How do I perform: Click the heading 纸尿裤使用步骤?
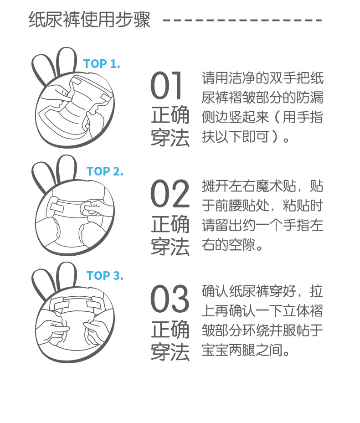(x=89, y=21)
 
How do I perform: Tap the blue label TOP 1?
(x=102, y=64)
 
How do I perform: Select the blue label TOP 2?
(x=105, y=171)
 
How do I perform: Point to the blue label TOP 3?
(x=105, y=276)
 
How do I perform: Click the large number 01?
(x=167, y=86)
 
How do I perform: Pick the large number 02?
(x=170, y=194)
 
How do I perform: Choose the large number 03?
(x=170, y=299)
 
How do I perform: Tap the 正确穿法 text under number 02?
(x=170, y=236)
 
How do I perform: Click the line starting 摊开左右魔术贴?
(x=262, y=186)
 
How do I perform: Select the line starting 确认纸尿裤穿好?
(x=262, y=290)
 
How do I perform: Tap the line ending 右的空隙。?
(x=232, y=246)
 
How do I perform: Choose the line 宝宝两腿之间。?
(x=246, y=351)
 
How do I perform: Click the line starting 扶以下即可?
(x=246, y=137)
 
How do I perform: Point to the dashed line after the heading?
(x=242, y=21)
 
